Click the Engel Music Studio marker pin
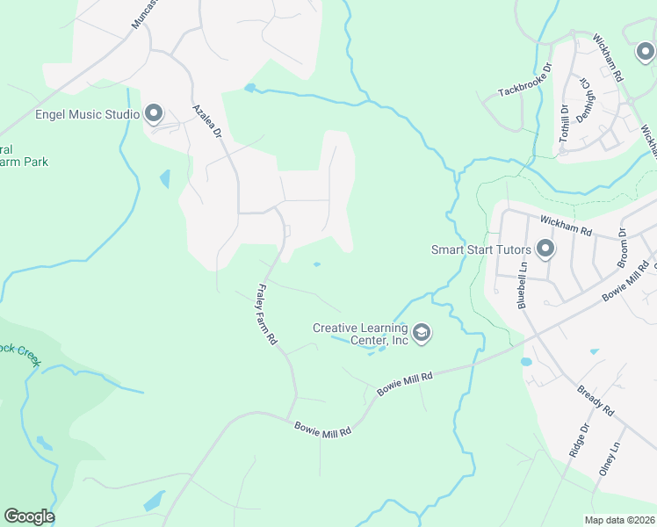click(154, 112)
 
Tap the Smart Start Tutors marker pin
click(545, 249)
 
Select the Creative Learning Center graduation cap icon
click(422, 332)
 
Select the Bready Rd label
click(596, 396)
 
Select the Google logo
click(29, 516)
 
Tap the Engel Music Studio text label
click(87, 114)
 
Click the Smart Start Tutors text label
click(480, 249)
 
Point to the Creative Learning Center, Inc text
click(361, 334)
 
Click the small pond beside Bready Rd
click(526, 361)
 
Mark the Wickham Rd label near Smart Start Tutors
click(567, 227)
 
